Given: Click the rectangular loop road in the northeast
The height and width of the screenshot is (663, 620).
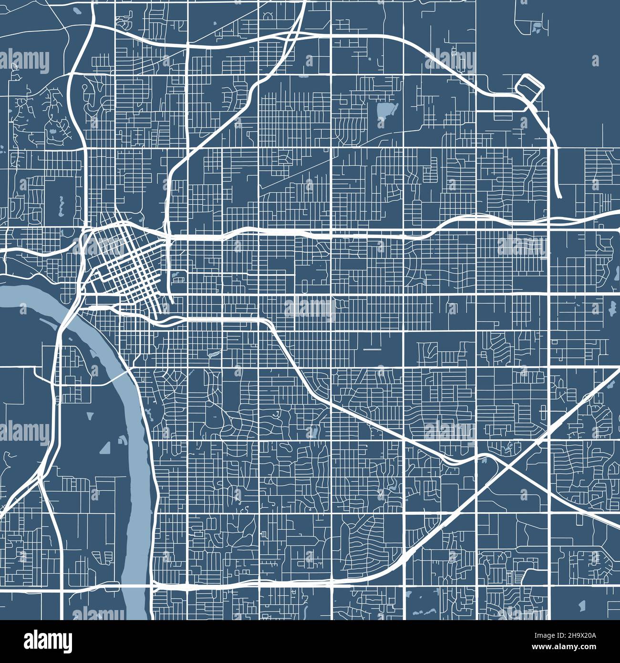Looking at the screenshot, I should point(529,86).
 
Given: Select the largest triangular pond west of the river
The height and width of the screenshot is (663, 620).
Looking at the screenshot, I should point(105,447).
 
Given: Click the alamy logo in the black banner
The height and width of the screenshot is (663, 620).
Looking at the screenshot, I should point(48,641).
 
